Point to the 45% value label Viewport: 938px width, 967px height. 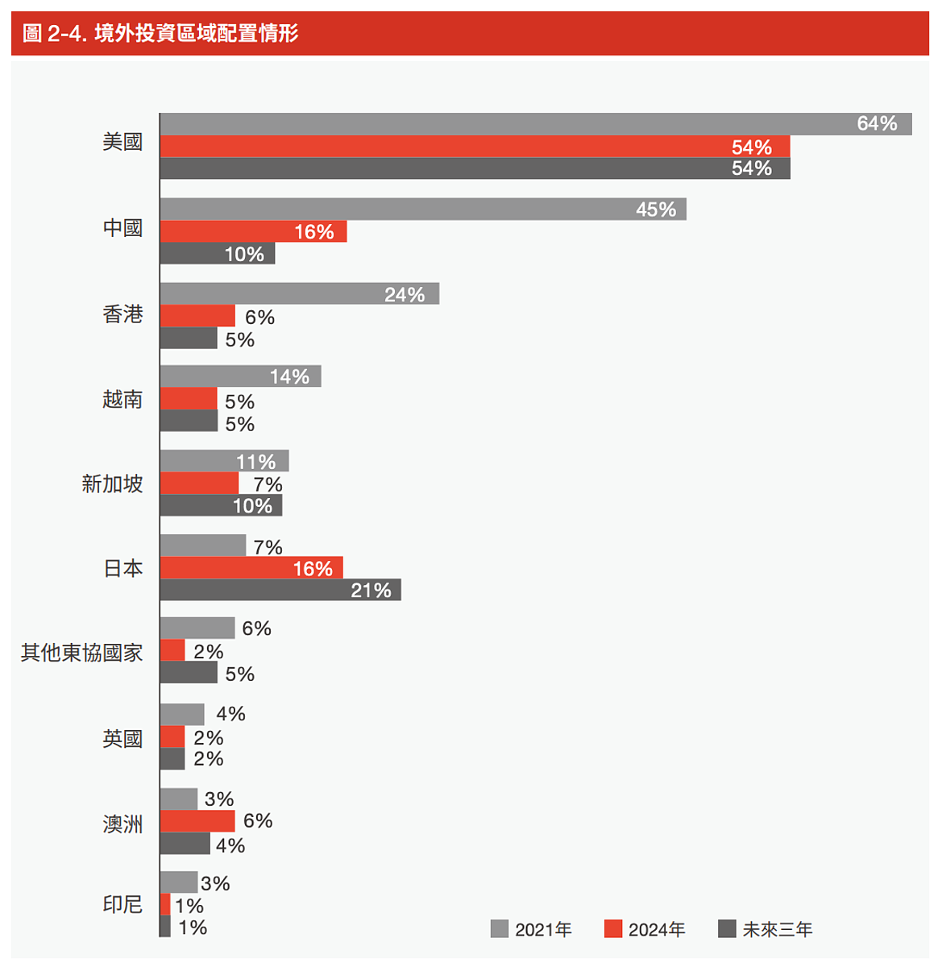click(x=656, y=210)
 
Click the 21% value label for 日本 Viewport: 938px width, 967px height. click(x=371, y=591)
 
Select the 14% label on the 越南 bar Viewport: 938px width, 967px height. click(x=289, y=376)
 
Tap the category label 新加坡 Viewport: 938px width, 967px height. click(x=112, y=483)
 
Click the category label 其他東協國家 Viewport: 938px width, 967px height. click(x=82, y=653)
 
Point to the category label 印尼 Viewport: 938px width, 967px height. click(x=122, y=904)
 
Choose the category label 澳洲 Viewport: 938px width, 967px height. click(x=122, y=824)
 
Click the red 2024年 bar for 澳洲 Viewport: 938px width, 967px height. click(x=197, y=821)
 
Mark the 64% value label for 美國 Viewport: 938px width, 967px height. click(x=877, y=123)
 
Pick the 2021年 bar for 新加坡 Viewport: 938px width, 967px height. click(x=197, y=461)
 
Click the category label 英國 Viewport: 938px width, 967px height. click(x=122, y=738)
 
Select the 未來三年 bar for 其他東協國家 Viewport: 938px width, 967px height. click(x=189, y=673)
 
